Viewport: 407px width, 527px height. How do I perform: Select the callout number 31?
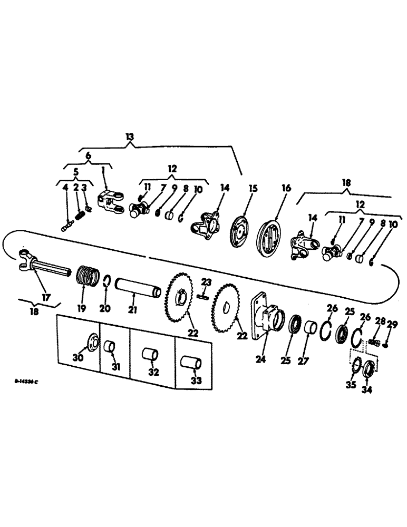(116, 367)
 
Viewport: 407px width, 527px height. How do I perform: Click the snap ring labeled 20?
(106, 284)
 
